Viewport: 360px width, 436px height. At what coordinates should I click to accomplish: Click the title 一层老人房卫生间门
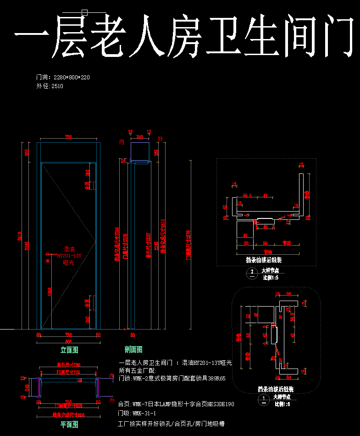pos(183,36)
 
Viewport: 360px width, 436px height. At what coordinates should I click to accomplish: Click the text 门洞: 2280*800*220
pos(63,78)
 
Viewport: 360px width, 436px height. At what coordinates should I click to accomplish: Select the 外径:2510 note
pos(50,86)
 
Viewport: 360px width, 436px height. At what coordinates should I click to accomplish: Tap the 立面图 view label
pos(69,350)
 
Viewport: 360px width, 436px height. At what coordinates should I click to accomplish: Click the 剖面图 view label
pos(133,350)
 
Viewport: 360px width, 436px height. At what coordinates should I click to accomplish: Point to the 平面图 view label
pos(69,425)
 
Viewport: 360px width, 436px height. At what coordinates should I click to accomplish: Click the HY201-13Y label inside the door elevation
pos(69,256)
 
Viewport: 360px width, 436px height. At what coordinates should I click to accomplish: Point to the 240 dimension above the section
pos(139,136)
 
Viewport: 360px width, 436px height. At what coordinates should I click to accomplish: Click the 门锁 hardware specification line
pos(172,379)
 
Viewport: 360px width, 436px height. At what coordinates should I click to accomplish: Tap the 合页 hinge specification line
pos(176,404)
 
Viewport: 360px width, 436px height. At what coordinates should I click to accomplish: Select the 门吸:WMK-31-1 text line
pos(137,413)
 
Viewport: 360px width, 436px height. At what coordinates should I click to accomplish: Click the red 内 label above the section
pos(122,143)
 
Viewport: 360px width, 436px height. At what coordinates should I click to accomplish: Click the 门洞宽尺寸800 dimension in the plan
pos(68,406)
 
